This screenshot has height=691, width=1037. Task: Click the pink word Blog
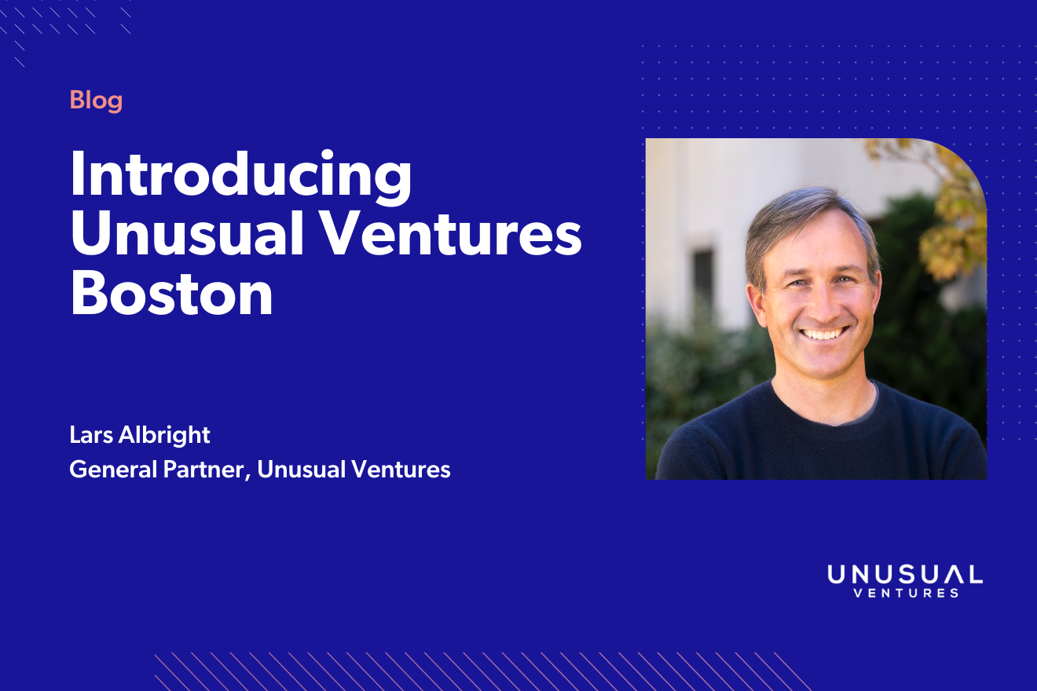tap(96, 101)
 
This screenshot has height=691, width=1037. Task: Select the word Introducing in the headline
tap(240, 174)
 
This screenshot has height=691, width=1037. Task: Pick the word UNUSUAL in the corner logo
tap(904, 575)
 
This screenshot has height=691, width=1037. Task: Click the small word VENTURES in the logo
tap(905, 594)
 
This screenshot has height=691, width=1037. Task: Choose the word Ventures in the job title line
tap(402, 470)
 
